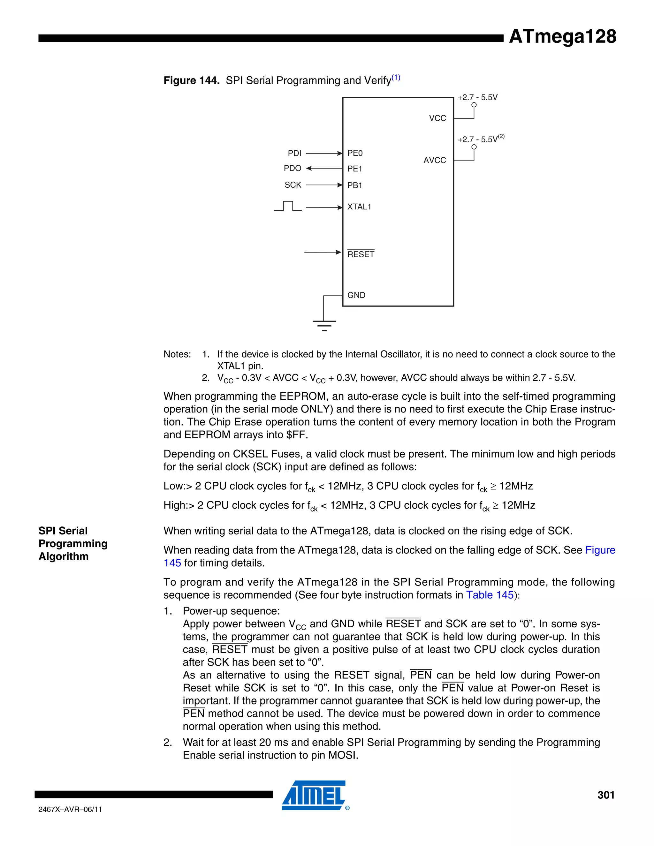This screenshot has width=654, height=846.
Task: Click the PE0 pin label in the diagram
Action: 355,153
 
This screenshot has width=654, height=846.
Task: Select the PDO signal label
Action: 293,168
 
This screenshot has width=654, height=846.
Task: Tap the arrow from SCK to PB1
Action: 324,185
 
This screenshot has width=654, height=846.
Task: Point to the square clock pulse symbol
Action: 288,206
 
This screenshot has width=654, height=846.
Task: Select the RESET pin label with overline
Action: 361,254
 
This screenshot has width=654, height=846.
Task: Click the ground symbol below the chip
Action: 324,325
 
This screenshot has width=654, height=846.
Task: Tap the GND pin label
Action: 356,295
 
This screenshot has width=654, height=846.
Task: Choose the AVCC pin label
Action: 435,160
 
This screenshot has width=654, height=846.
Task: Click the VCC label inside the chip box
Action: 437,118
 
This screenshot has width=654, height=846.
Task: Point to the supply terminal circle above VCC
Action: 474,105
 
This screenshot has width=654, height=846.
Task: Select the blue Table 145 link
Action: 490,595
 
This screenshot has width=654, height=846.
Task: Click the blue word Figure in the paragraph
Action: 600,550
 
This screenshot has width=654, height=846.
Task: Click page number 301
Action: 606,795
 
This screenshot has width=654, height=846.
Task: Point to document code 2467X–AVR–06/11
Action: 70,809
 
